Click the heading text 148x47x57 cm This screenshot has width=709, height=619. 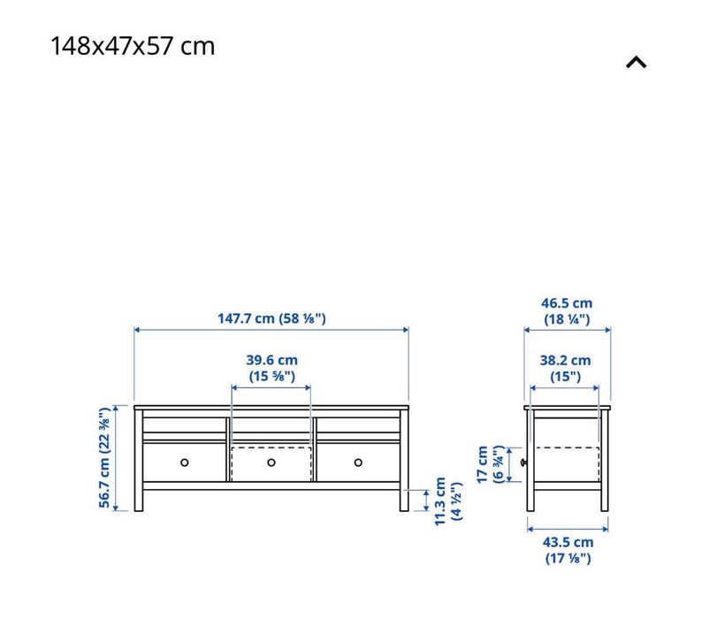coord(133,46)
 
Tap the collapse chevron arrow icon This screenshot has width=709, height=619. coord(637,62)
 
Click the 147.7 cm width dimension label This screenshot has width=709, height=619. coord(271,318)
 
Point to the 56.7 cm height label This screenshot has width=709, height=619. coord(105,458)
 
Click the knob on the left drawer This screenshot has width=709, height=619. coord(185,462)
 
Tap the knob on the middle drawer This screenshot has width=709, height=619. coord(271,462)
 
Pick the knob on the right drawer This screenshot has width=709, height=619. coord(358,462)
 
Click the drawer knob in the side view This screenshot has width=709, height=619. coord(523,462)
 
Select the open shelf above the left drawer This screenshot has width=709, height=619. coord(185,425)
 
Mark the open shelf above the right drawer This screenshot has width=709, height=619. coord(358,425)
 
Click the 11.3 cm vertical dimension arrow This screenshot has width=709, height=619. coord(426,501)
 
